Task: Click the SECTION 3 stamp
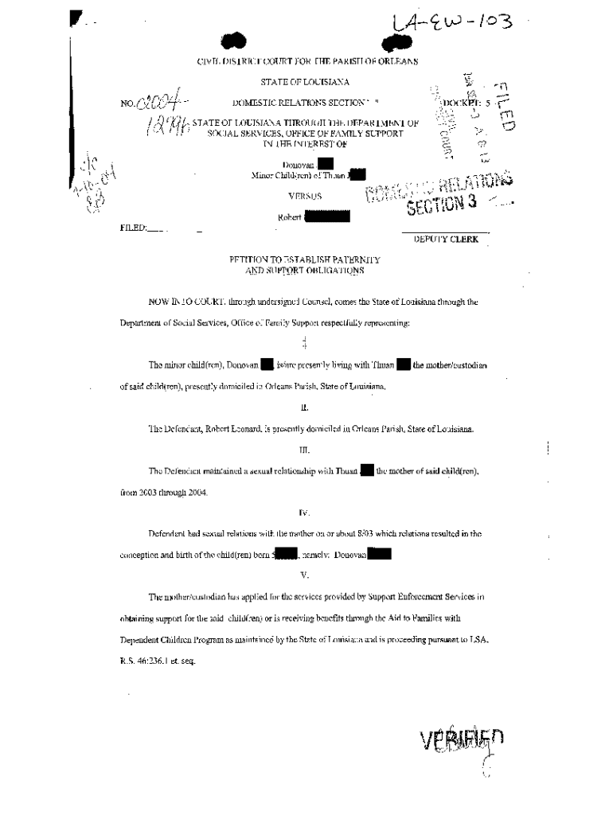click(x=442, y=204)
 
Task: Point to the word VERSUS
click(x=304, y=195)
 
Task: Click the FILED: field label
click(x=133, y=228)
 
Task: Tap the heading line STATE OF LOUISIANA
click(x=305, y=82)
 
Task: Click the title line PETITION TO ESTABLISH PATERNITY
click(x=305, y=259)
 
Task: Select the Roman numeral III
click(x=304, y=451)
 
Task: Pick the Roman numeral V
click(x=304, y=575)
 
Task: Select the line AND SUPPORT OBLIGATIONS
click(x=305, y=271)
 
